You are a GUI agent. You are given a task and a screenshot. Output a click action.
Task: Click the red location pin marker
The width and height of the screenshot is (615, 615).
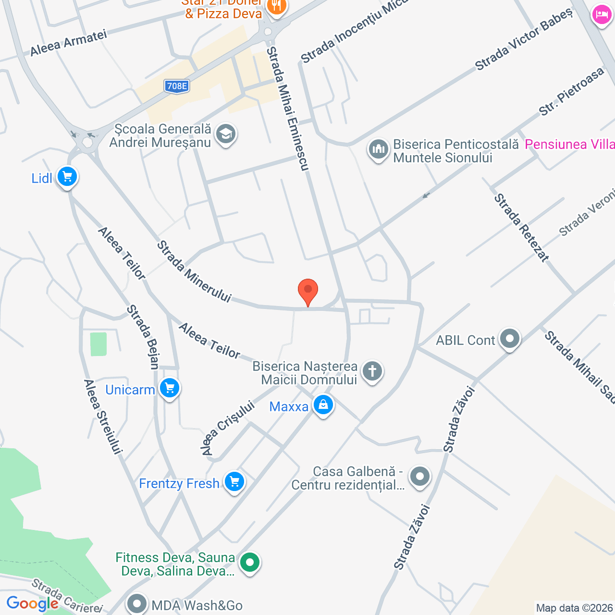click(x=308, y=291)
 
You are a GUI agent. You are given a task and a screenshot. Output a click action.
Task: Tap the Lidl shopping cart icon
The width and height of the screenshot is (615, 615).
click(x=67, y=177)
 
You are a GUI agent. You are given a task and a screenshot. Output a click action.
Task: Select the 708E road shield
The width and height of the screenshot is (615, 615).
click(x=176, y=86)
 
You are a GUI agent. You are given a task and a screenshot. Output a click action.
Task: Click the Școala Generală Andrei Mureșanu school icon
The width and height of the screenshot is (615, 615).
click(x=225, y=134)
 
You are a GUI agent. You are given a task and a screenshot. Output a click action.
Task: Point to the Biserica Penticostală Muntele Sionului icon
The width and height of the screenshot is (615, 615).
click(x=379, y=149)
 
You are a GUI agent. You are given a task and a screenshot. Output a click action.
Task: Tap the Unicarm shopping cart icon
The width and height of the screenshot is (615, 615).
click(x=169, y=388)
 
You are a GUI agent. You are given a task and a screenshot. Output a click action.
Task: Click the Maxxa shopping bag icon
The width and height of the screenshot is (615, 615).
click(x=323, y=406)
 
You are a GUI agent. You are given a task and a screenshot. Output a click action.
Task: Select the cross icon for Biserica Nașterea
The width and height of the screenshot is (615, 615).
click(x=372, y=371)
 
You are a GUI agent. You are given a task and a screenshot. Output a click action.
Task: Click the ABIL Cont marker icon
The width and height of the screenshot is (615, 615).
click(x=509, y=339)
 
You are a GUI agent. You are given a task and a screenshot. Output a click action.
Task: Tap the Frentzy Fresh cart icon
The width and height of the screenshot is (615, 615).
click(x=234, y=482)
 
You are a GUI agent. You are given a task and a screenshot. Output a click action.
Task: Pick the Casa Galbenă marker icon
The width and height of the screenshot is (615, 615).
click(x=420, y=477)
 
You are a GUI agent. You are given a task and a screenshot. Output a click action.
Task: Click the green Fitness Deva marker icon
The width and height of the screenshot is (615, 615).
click(x=249, y=562)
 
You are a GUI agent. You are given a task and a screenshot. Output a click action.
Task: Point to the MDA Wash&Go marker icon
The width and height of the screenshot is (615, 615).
click(x=137, y=603)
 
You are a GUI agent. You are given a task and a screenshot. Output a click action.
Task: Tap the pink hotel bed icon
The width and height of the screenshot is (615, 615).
click(x=602, y=15)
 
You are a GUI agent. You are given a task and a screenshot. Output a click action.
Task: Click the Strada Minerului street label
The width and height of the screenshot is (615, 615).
click(x=194, y=272)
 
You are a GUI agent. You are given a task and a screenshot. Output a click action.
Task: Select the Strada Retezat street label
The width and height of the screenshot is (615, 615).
click(x=521, y=228)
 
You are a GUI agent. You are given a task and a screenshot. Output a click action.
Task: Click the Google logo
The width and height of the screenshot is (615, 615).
click(x=32, y=603)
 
